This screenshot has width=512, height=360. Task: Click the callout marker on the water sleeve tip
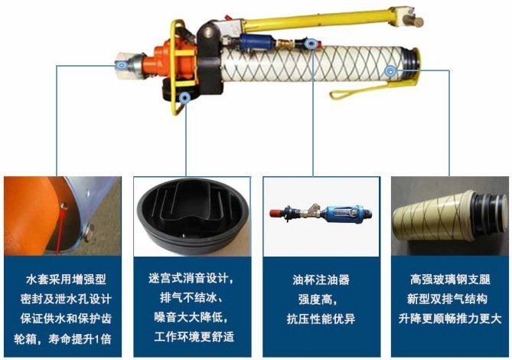coord(122,65)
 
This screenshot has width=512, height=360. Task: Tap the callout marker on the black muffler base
coord(185,98)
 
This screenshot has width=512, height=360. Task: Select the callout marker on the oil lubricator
coord(311,43)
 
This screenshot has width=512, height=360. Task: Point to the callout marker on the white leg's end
coord(390,70)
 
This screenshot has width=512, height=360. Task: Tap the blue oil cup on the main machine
coord(257,42)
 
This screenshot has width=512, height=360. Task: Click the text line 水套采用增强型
coord(66,280)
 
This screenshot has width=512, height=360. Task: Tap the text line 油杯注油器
coord(321,280)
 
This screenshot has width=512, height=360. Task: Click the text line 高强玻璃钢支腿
coord(450,280)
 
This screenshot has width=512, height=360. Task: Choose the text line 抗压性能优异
coord(321,319)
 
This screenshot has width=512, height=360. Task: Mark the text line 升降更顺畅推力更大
coord(450,318)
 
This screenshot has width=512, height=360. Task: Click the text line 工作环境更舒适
coord(194,336)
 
